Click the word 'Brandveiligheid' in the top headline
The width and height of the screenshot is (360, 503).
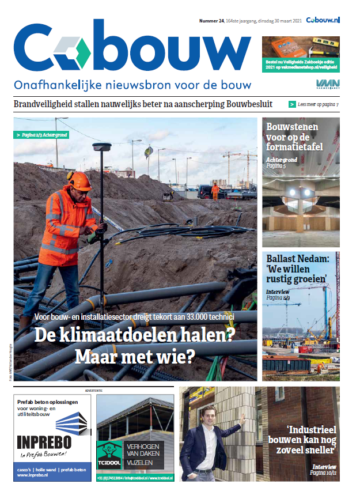[x=48, y=104]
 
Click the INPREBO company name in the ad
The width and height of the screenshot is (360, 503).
[x=44, y=443]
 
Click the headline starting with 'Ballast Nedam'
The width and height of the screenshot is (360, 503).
[x=296, y=269]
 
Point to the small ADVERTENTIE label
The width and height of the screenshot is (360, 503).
[x=93, y=390]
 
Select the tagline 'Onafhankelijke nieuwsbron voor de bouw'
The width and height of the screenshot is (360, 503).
[x=132, y=85]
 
